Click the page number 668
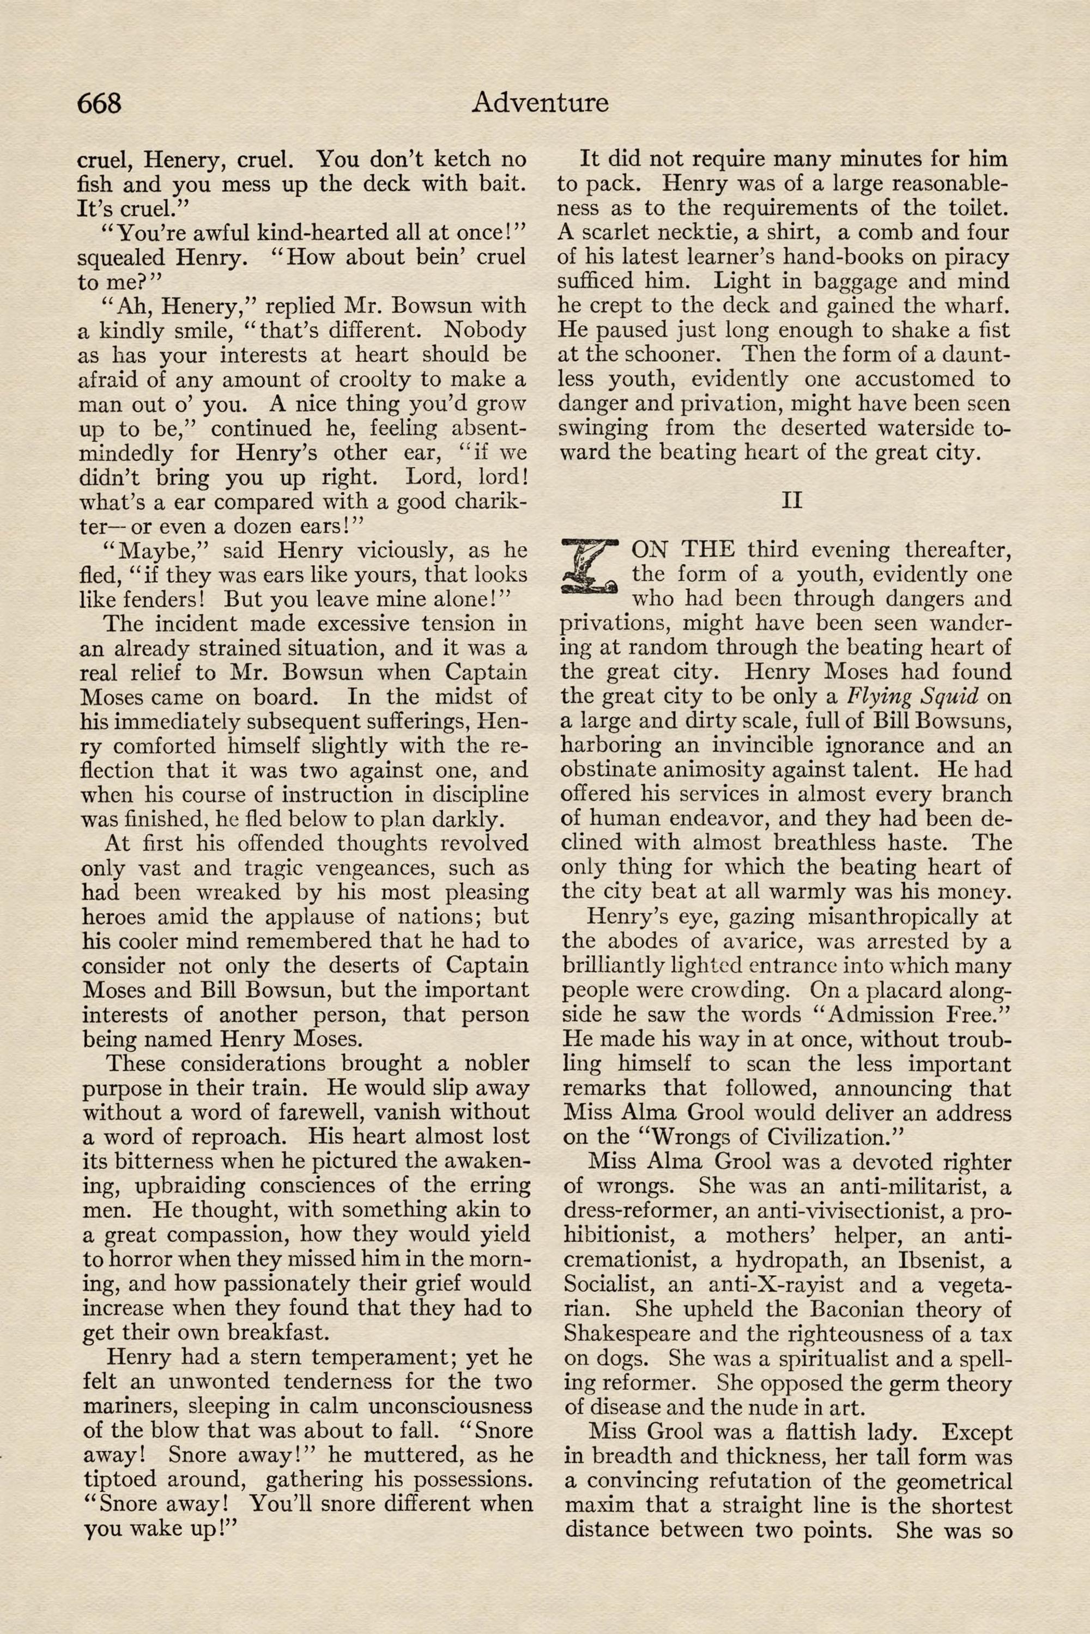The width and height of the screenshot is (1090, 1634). [99, 103]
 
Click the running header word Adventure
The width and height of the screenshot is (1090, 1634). [540, 103]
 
